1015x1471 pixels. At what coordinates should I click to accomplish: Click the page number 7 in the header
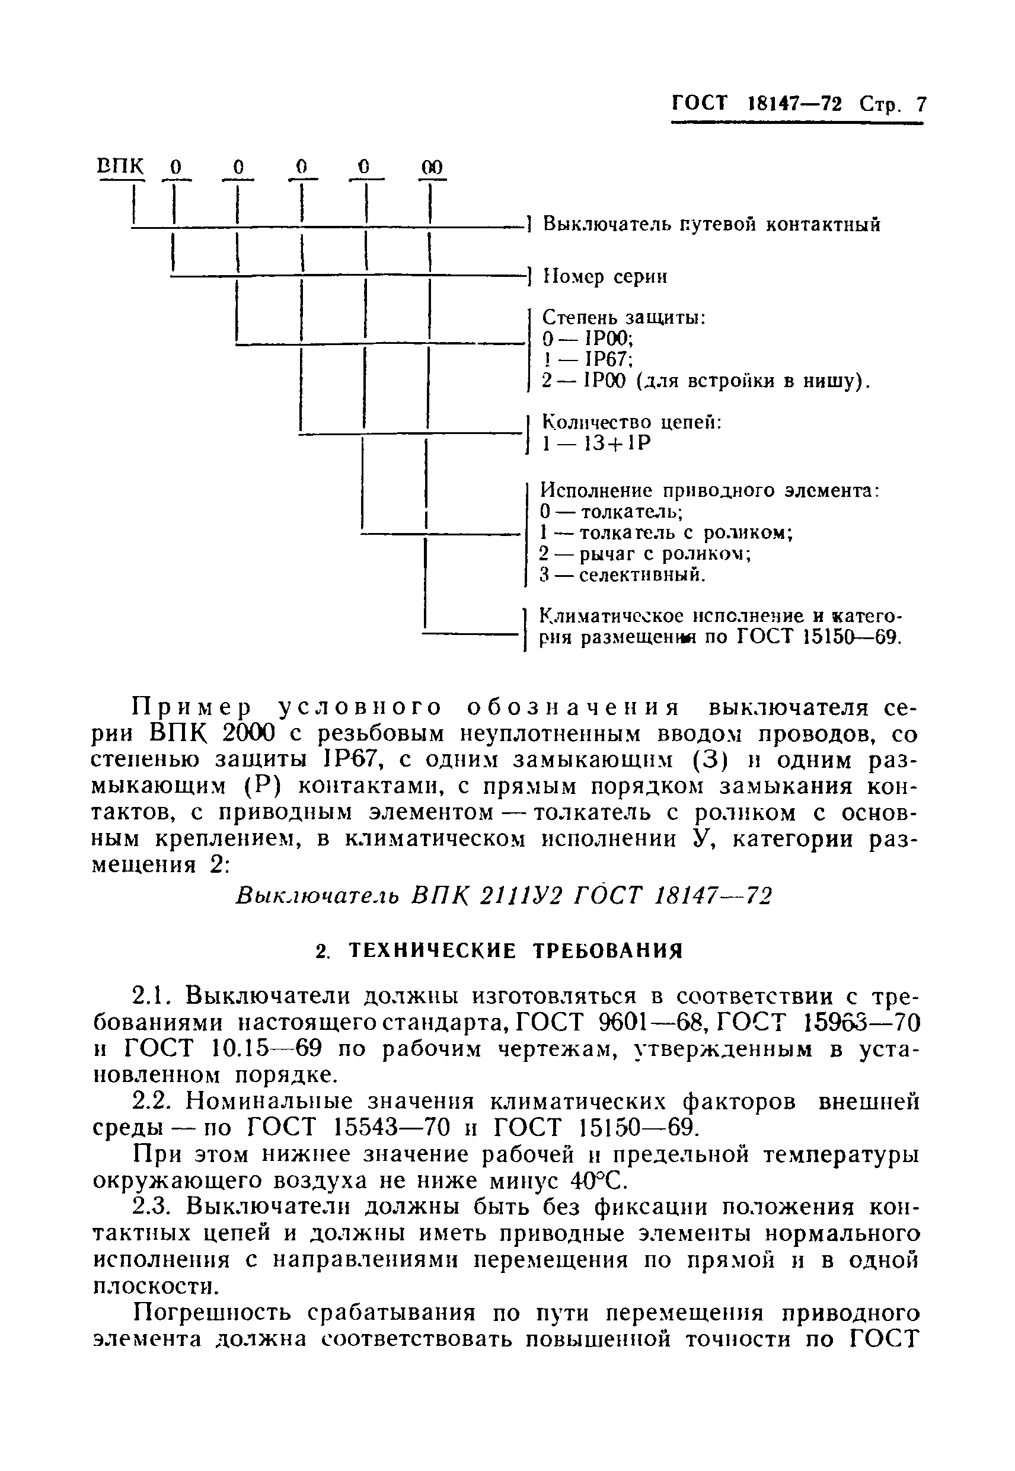point(921,104)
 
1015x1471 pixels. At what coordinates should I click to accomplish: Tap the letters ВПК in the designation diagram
point(121,167)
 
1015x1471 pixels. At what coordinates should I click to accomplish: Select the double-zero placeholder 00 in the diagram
point(432,167)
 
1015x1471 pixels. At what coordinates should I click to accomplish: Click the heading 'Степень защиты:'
point(624,317)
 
